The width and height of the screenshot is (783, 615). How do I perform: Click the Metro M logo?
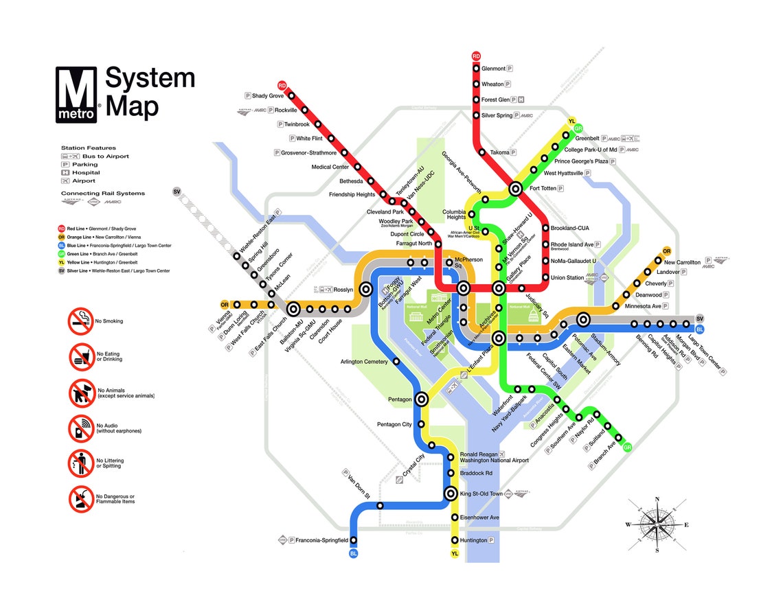pos(78,95)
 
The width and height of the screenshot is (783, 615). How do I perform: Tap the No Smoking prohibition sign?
pos(80,321)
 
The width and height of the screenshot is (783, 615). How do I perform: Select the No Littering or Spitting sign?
pos(80,463)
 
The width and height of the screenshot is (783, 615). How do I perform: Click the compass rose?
pos(657,525)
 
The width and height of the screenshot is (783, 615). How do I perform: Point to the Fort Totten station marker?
pos(516,188)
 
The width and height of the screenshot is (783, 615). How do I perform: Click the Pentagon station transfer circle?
pos(422,399)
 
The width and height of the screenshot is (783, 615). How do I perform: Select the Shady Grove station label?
pos(267,96)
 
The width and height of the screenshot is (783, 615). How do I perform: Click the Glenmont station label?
pos(493,69)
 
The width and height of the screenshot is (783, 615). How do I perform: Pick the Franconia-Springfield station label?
pos(321,541)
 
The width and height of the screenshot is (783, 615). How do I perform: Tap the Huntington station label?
pos(473,541)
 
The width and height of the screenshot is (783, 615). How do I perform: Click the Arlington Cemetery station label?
pos(364,362)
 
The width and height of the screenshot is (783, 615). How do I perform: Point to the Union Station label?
pos(567,278)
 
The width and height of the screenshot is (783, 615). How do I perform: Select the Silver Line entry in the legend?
pos(115,271)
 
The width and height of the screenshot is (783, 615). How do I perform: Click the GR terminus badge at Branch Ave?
pos(626,448)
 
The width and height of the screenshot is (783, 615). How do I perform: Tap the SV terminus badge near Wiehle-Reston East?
pos(177,192)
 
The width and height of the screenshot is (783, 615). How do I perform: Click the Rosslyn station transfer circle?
pos(366,290)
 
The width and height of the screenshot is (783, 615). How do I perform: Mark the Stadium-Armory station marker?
pos(584,319)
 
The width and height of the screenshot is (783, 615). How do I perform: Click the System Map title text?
pos(150,93)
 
